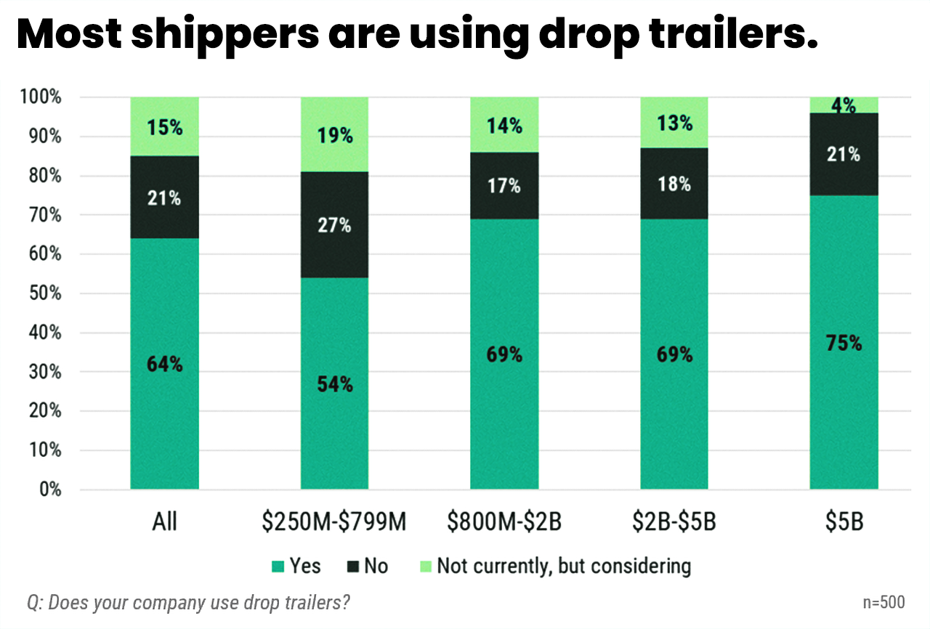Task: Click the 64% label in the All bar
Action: point(164,365)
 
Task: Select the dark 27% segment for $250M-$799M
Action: point(334,225)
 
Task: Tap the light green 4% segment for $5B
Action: point(844,105)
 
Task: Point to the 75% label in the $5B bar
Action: point(844,343)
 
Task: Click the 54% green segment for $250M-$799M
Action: point(334,384)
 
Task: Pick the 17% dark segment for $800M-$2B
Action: point(504,186)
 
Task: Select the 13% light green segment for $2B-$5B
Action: point(674,123)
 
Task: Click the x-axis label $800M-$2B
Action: point(504,522)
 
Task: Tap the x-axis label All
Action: point(164,522)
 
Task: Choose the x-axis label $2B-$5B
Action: point(674,522)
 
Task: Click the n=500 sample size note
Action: point(883,602)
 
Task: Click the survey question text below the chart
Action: point(189,602)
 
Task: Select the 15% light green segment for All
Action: point(164,127)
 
